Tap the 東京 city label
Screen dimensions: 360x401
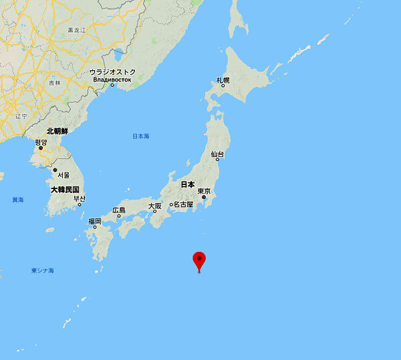pyautogui.click(x=205, y=191)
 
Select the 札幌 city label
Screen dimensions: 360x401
pyautogui.click(x=223, y=80)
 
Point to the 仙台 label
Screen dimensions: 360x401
pyautogui.click(x=217, y=154)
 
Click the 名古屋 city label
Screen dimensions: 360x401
pyautogui.click(x=182, y=204)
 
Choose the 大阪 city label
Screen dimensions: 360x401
pyautogui.click(x=154, y=206)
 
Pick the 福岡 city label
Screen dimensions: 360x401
pyautogui.click(x=94, y=221)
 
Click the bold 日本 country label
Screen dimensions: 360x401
pyautogui.click(x=188, y=184)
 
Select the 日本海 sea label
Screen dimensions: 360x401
pyautogui.click(x=140, y=136)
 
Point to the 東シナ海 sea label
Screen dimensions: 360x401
pyautogui.click(x=42, y=271)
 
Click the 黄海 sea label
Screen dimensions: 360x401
pyautogui.click(x=17, y=200)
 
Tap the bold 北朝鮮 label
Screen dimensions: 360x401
pyautogui.click(x=57, y=132)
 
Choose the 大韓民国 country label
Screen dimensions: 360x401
pyautogui.click(x=65, y=190)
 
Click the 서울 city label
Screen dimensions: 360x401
pyautogui.click(x=63, y=174)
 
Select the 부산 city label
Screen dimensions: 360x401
pyautogui.click(x=79, y=198)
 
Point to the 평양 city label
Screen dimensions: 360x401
pyautogui.click(x=41, y=142)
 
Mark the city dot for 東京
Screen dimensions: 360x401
pyautogui.click(x=204, y=198)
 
